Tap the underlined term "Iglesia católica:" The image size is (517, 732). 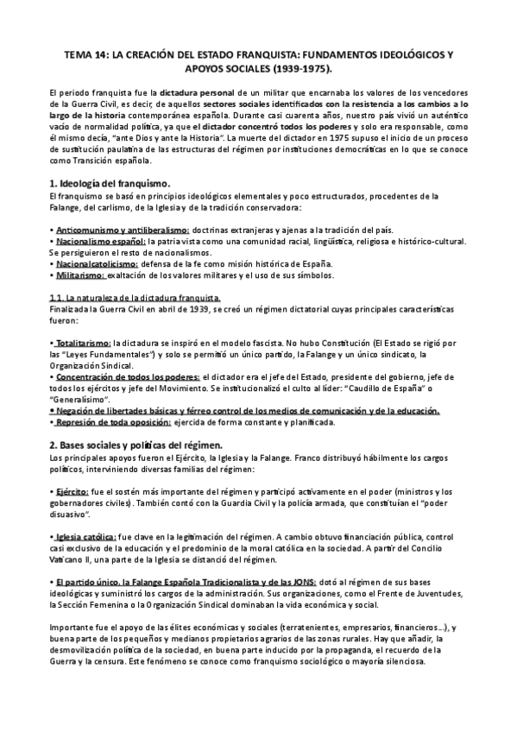click(x=91, y=536)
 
